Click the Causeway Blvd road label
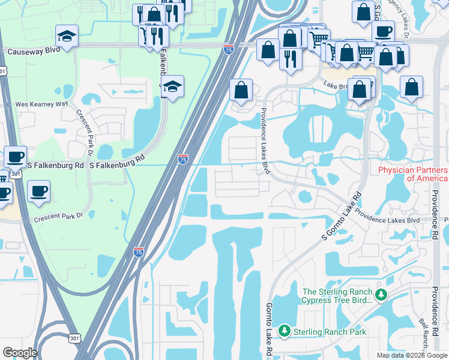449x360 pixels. point(34,50)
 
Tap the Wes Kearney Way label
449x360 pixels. point(41,104)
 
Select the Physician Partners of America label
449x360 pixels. point(413,174)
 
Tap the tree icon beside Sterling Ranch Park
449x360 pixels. point(284,331)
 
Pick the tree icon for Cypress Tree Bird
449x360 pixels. point(380,295)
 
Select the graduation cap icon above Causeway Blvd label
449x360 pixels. point(67,34)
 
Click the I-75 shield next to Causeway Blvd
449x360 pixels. point(228,50)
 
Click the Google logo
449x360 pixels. point(19,353)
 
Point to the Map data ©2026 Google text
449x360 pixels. point(412,355)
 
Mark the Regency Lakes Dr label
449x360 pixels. point(400,18)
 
